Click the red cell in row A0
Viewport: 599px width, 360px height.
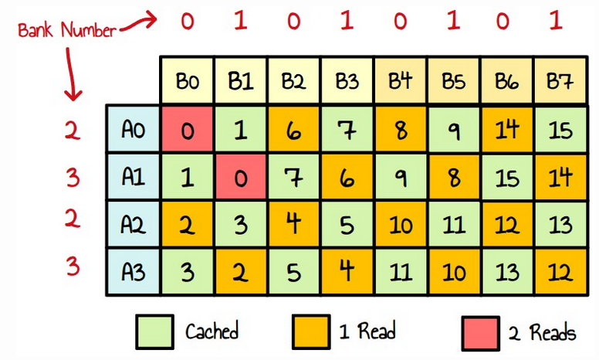pos(188,129)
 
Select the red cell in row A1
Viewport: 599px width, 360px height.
pos(240,177)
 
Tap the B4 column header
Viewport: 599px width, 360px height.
pos(399,80)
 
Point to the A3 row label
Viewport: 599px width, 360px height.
pos(133,271)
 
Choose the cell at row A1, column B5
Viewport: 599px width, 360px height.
pos(453,177)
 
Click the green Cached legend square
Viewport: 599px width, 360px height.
pos(153,331)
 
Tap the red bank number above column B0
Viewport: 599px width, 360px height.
pos(188,21)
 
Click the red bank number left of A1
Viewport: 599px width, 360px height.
pos(72,178)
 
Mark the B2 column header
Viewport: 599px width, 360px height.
pos(293,80)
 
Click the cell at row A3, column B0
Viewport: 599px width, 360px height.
pos(188,271)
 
